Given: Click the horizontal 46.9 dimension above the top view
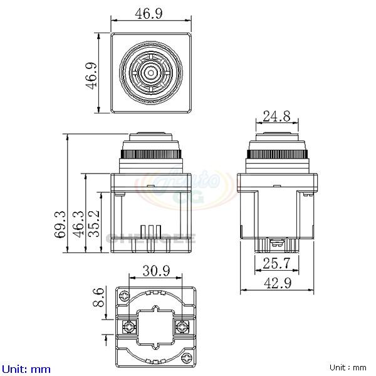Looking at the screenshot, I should click(151, 13).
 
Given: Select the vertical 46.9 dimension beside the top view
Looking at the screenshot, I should click(92, 75).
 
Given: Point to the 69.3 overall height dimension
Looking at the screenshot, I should click(60, 224).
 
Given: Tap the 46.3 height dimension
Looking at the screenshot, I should click(77, 224).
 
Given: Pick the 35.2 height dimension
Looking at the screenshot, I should click(93, 224).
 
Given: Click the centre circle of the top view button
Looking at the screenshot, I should click(151, 73).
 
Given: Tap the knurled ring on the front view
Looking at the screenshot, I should click(151, 154).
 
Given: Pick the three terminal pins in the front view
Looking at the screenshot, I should click(151, 231).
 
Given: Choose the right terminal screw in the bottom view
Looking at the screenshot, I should click(182, 326).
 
